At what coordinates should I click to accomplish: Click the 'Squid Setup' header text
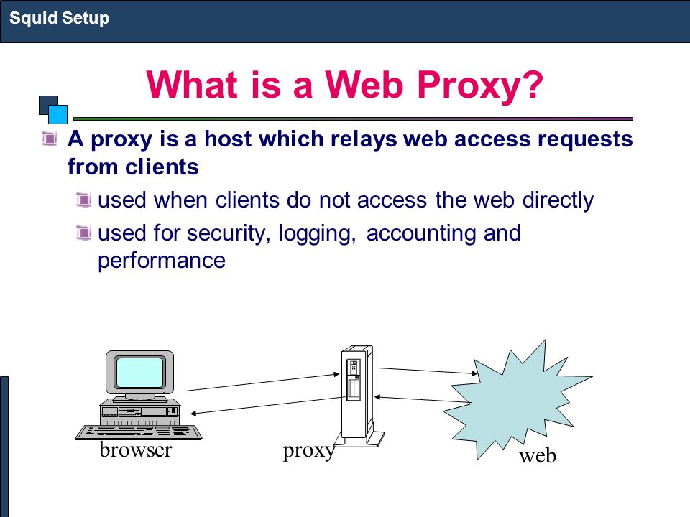click(60, 19)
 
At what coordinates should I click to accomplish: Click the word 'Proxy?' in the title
click(480, 85)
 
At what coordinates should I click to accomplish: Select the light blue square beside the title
click(57, 114)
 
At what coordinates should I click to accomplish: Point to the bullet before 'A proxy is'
click(50, 139)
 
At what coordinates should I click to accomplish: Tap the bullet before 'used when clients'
click(83, 200)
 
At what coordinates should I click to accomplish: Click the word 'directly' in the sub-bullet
click(558, 200)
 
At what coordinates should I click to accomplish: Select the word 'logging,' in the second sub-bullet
click(317, 233)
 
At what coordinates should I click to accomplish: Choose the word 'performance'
click(162, 261)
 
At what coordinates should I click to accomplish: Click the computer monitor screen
click(139, 372)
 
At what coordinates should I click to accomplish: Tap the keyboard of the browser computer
click(139, 432)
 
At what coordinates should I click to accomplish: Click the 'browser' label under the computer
click(136, 450)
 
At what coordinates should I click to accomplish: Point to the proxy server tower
click(359, 396)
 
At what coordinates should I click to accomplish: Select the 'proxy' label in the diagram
click(309, 452)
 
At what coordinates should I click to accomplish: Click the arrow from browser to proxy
click(262, 383)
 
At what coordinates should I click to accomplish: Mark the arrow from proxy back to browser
click(267, 405)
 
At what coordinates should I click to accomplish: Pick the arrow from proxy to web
click(428, 371)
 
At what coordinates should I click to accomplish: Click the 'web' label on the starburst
click(538, 455)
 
